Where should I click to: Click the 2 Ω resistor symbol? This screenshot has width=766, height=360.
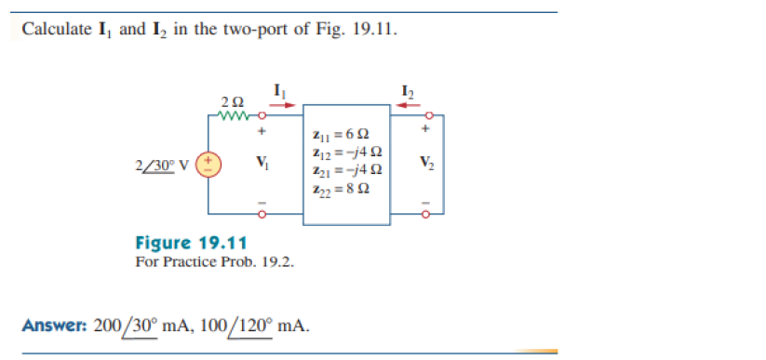234,116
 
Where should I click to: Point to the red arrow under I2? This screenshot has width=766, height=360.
408,105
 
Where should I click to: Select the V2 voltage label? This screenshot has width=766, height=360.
425,165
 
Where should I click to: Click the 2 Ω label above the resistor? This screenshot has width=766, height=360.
234,100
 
